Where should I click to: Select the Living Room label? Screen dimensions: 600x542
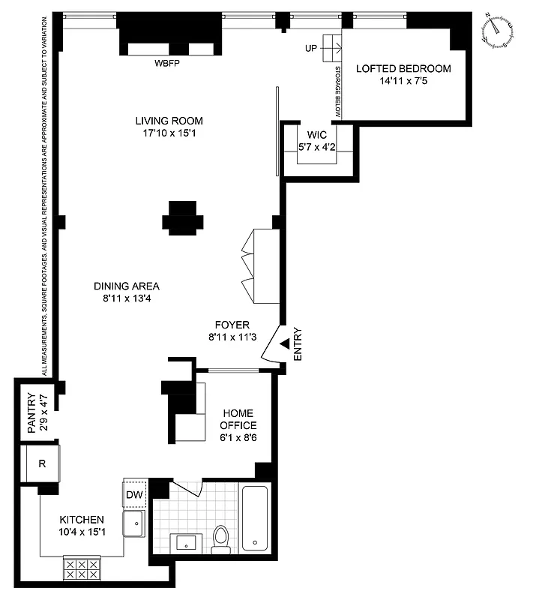[169, 121]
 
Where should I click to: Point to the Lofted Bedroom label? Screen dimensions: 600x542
[403, 69]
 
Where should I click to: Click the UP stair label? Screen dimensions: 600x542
[311, 48]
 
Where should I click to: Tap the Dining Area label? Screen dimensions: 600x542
[127, 286]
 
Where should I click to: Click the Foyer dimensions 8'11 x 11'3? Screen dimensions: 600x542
[233, 337]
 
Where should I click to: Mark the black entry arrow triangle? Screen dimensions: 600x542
[285, 343]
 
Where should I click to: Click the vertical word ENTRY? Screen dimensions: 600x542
[298, 344]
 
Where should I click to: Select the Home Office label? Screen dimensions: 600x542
[238, 419]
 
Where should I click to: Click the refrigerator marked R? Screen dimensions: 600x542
[43, 463]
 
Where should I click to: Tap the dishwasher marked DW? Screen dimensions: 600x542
[134, 494]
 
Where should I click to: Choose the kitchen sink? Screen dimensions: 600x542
[135, 524]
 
